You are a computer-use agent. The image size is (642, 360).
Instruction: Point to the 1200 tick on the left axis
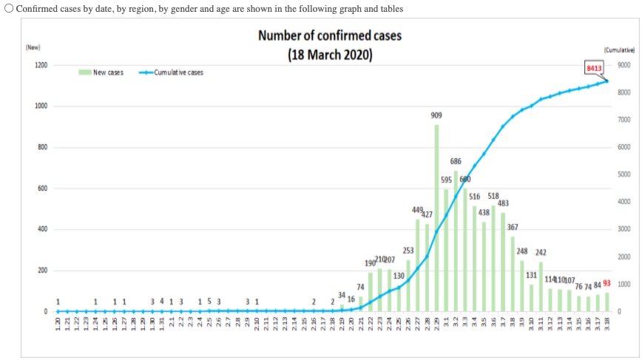(x=41, y=65)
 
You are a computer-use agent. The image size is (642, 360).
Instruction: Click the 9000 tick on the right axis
(x=624, y=65)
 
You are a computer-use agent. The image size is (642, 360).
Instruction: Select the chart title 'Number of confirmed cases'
(x=330, y=36)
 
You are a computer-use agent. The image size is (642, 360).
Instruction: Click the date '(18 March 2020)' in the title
(x=330, y=55)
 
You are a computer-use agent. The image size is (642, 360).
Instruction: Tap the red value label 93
(x=607, y=283)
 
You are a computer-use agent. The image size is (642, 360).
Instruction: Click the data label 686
(x=456, y=161)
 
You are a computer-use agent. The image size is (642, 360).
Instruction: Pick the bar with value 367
(x=513, y=274)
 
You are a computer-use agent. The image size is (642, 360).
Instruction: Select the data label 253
(x=408, y=251)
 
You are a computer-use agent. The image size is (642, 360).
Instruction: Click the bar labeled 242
(x=541, y=287)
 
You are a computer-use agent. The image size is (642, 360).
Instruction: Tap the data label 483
(x=503, y=203)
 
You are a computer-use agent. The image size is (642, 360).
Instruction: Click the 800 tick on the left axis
(x=43, y=147)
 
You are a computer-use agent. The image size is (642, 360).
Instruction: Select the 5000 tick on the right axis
(x=624, y=174)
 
